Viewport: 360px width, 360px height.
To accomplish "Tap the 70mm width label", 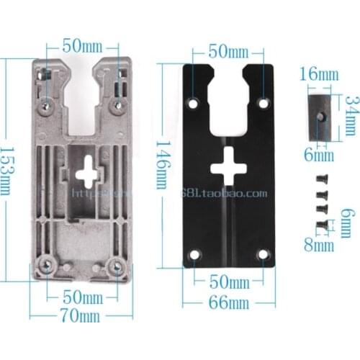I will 80,315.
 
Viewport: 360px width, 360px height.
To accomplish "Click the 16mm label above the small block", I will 318,74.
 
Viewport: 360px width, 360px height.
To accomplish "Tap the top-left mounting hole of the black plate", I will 193,104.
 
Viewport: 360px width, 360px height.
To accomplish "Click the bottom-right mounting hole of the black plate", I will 263,254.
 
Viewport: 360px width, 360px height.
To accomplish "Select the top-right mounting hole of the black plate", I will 264,104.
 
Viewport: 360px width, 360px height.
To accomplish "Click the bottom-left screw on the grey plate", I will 47,266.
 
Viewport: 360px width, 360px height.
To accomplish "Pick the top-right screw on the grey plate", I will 116,106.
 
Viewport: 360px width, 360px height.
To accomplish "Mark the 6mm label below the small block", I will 318,155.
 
